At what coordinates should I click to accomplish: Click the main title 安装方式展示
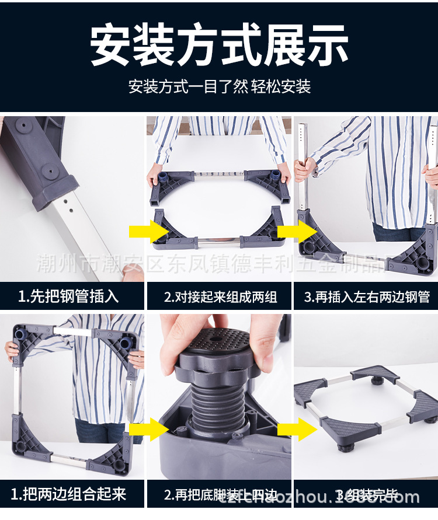point(219,45)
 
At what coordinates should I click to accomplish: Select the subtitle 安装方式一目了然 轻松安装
point(219,87)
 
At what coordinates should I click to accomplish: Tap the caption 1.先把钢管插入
point(68,296)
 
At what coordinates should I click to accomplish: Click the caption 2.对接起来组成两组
point(220,296)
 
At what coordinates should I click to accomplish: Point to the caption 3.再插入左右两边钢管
point(367,296)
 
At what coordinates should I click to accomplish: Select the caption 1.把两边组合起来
point(68,495)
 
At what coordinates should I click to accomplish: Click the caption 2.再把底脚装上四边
point(220,495)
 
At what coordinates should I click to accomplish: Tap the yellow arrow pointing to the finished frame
point(297,430)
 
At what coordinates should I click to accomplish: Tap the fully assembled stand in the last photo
point(365,403)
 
